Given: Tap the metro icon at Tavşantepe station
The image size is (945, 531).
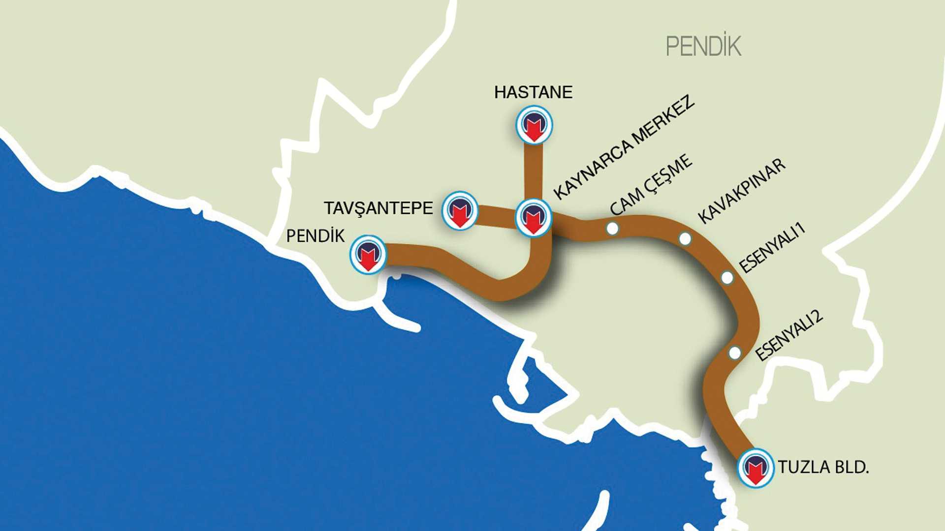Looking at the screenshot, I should pos(460,210).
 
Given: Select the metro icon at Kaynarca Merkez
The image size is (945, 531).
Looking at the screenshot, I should pos(534,218).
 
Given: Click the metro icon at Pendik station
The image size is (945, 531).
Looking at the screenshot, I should pos(368,254).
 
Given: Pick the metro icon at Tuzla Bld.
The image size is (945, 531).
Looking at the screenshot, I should pos(756,468).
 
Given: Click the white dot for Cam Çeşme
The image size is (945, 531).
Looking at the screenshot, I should pos(612,229).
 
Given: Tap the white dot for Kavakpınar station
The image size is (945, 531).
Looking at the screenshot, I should pos(685,239).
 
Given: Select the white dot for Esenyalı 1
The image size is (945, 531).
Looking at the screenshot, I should pos(727,278).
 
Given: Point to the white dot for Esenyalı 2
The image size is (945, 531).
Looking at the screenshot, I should pos(734,353).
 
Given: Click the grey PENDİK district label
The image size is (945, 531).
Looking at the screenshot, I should pos(703,47).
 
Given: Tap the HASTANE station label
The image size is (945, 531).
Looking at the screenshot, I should pos(533,92).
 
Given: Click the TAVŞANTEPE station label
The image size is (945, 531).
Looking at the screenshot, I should pos(378,208).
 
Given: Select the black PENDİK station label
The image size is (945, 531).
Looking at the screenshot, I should pos(315,236).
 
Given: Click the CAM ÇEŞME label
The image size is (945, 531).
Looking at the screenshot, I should pos(651,185).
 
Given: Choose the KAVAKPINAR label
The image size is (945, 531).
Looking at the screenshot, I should pos(742,191).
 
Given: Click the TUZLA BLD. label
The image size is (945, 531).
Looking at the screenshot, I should pos(823,467).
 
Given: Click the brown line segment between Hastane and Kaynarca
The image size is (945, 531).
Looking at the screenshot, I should pos(534,170).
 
